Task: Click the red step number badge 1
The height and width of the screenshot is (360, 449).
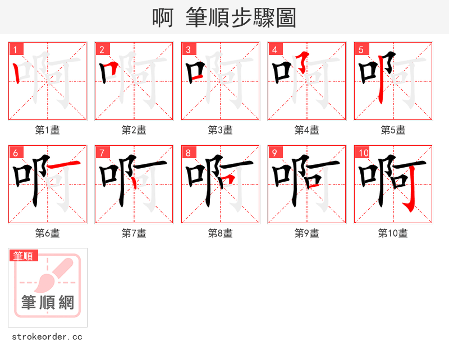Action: coord(15,49)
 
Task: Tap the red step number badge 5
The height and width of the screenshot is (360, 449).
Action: coord(361,49)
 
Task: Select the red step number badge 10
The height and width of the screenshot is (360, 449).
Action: coord(363,153)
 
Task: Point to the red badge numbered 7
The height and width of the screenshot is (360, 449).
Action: coord(102,153)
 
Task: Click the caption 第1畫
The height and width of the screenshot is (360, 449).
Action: coord(48,130)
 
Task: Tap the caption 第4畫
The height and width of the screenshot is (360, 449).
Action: coord(307,130)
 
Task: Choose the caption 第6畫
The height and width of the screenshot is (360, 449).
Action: coord(48,233)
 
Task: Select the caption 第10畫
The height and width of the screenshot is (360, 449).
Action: coord(393,233)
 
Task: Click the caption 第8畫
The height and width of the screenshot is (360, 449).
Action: coord(221,233)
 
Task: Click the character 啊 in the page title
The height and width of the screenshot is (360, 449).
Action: coord(163,18)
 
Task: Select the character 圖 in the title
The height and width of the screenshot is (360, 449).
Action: coord(286,18)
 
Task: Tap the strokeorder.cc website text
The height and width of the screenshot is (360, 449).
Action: coord(47,337)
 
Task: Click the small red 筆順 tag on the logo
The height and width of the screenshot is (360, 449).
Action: coord(23,256)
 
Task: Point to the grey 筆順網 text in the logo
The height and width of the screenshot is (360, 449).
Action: coord(48,303)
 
